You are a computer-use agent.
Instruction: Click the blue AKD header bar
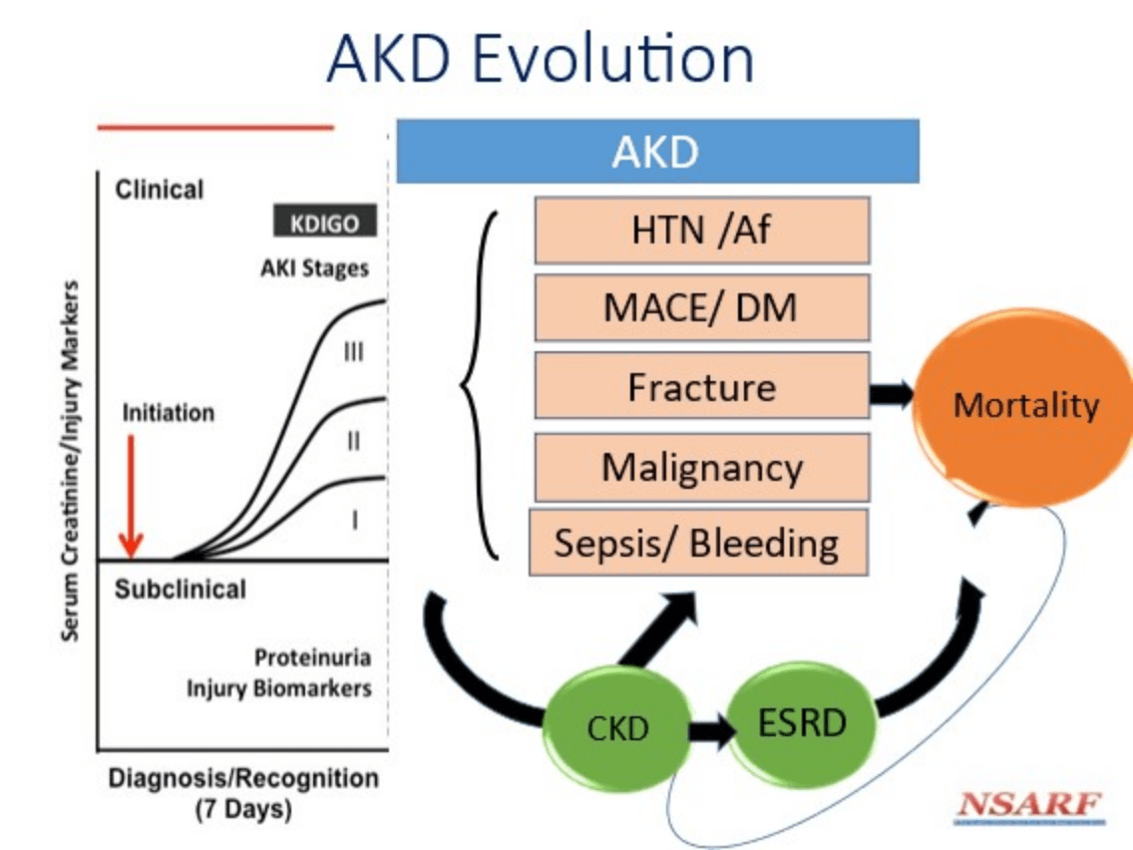[x=657, y=151]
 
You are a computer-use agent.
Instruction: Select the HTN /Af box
[x=701, y=229]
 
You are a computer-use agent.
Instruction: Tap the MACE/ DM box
[x=701, y=307]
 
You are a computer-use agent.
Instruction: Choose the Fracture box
[x=701, y=386]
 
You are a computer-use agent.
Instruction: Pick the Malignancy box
[x=701, y=467]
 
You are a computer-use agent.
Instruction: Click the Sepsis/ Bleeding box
[x=698, y=542]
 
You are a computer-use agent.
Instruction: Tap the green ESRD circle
[x=802, y=723]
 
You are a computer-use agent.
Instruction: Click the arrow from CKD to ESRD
[x=711, y=730]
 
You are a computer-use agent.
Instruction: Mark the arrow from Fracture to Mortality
[x=892, y=394]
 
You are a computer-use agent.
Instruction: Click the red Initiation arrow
[x=131, y=497]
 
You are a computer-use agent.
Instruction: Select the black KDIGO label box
[x=325, y=221]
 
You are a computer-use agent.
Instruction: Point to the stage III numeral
[x=353, y=352]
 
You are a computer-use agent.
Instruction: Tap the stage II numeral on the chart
[x=353, y=440]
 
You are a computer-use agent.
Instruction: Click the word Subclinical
[x=180, y=589]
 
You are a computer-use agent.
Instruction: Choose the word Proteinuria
[x=312, y=657]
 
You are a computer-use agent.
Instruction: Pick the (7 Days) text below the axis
[x=243, y=809]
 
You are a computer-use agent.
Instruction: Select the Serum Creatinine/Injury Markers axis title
[x=70, y=461]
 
